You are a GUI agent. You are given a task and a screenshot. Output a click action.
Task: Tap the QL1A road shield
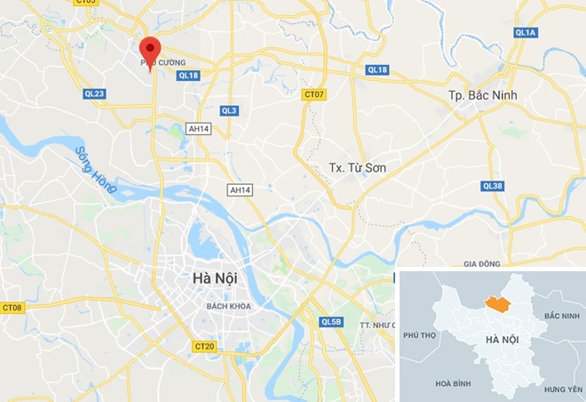(525, 32)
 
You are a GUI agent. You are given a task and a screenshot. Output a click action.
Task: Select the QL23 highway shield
(95, 93)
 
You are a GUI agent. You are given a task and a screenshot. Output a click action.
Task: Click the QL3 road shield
(229, 110)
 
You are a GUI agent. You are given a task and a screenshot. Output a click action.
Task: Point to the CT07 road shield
(313, 93)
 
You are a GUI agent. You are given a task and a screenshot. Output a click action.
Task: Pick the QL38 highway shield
(493, 186)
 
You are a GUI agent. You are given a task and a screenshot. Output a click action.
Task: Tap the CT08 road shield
(12, 308)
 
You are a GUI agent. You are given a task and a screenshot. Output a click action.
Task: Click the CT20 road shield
(203, 345)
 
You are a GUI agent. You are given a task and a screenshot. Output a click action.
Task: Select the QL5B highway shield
(331, 321)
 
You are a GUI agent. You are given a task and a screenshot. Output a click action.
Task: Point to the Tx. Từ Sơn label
(358, 167)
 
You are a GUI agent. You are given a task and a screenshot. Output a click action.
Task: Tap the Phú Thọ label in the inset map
(420, 335)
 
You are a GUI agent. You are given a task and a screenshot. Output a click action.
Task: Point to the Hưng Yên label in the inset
(561, 389)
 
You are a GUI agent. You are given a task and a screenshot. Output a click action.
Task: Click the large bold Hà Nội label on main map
(214, 279)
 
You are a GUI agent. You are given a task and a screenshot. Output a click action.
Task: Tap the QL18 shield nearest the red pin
(188, 76)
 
